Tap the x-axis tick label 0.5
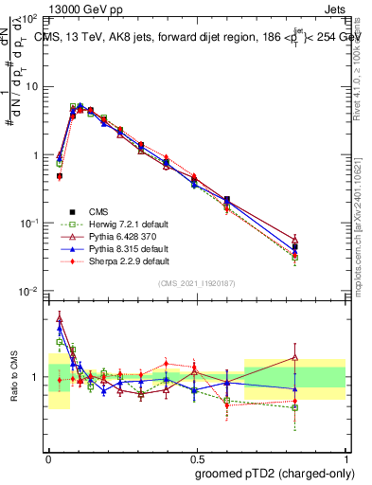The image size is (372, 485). click(197, 458)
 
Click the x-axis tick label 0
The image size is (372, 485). click(48, 458)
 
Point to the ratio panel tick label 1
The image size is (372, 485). click(37, 377)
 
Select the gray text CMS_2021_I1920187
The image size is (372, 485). click(197, 284)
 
